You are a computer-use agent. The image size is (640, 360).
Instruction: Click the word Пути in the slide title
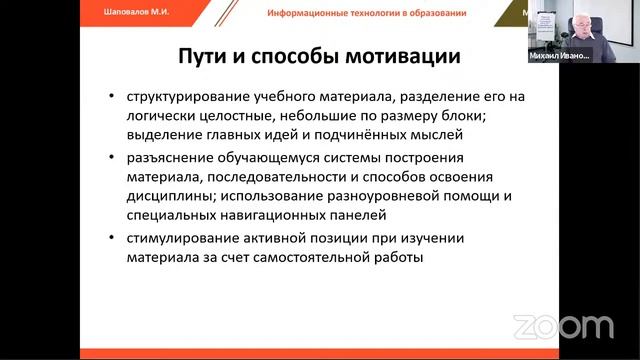pos(205,56)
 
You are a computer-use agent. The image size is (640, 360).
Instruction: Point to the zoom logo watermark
pos(563,326)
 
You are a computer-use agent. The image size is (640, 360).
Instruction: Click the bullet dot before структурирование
pos(111,99)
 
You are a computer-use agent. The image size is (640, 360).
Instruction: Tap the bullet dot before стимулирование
pos(111,239)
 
